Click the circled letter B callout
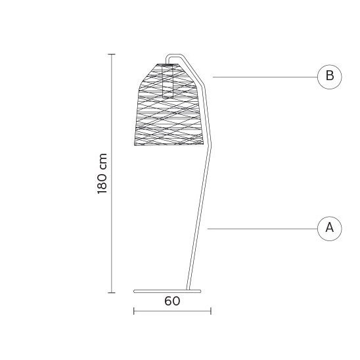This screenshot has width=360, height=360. click(x=330, y=77)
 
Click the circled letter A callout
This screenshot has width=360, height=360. click(x=330, y=229)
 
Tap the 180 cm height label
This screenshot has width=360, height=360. click(x=102, y=173)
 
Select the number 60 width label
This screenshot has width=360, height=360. click(x=172, y=301)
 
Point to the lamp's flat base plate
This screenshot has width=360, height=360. click(x=167, y=292)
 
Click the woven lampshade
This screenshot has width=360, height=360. click(x=169, y=104)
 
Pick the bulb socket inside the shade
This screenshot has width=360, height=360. click(x=168, y=81)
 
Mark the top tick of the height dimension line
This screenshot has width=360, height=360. click(x=112, y=54)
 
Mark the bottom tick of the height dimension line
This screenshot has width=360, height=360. click(x=112, y=293)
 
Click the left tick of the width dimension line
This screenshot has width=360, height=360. click(x=134, y=311)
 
